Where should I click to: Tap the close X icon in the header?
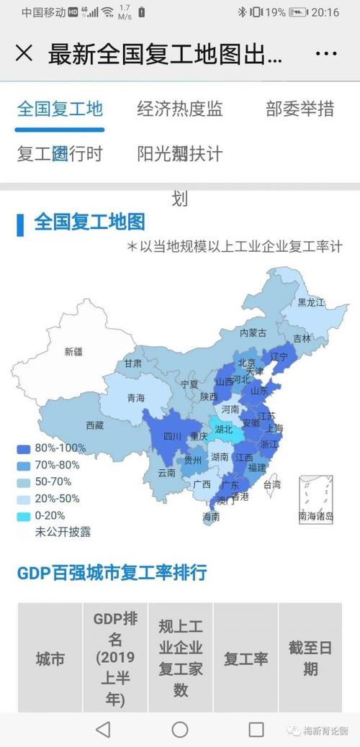[x=24, y=54]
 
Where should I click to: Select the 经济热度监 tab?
[x=180, y=109]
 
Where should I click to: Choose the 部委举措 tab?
[x=300, y=109]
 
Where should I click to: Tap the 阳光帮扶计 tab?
[x=180, y=153]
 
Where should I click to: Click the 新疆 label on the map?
[x=73, y=352]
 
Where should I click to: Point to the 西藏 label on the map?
[x=94, y=425]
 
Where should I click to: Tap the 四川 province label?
[x=172, y=436]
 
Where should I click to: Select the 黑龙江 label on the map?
[x=311, y=302]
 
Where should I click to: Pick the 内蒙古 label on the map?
[x=253, y=332]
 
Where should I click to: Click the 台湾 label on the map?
[x=271, y=485]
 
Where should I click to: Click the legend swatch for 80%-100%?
[x=24, y=448]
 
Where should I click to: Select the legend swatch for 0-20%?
[x=24, y=515]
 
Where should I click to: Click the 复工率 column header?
[x=246, y=658]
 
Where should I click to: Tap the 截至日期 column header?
[x=310, y=658]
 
